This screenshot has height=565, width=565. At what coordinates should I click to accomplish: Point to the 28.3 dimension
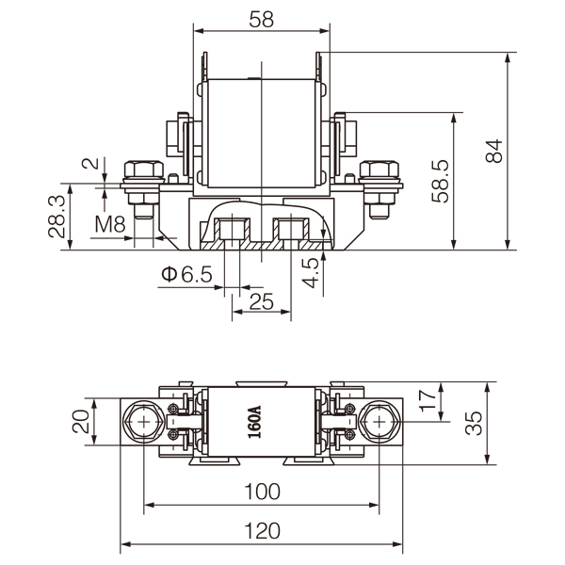coord(56,216)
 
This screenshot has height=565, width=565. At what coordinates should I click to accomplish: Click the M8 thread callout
coord(110,224)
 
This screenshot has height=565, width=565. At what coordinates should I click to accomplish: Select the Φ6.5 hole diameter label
coord(186,274)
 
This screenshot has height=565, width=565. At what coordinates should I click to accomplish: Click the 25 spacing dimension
coord(261,301)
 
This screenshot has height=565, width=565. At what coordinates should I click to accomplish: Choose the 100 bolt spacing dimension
coord(261,492)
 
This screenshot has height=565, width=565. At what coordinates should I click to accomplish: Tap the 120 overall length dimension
coord(261,531)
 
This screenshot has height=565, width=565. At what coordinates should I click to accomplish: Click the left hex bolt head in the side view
coord(143,170)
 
